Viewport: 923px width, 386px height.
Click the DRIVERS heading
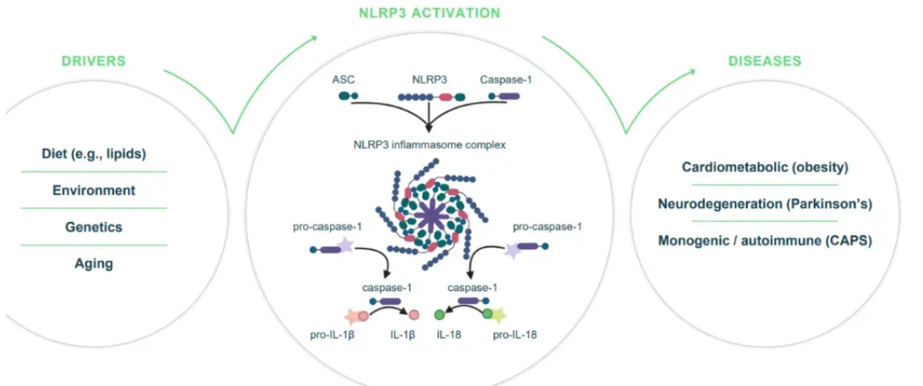coord(93,61)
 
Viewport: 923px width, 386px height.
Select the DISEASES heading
coord(765,61)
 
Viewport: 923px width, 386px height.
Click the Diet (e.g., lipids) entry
coord(93,154)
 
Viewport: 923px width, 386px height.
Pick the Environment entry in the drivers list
coord(93,190)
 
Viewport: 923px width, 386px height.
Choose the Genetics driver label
coord(93,227)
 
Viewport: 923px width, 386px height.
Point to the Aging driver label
coord(93,263)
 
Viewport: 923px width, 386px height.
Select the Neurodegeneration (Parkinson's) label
coord(765,203)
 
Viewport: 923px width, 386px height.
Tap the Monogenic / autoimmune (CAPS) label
coord(765,240)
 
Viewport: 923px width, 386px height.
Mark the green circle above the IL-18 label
coord(440,316)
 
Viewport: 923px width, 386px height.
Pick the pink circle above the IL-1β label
coord(415,316)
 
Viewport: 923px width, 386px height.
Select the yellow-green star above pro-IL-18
coord(499,317)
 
